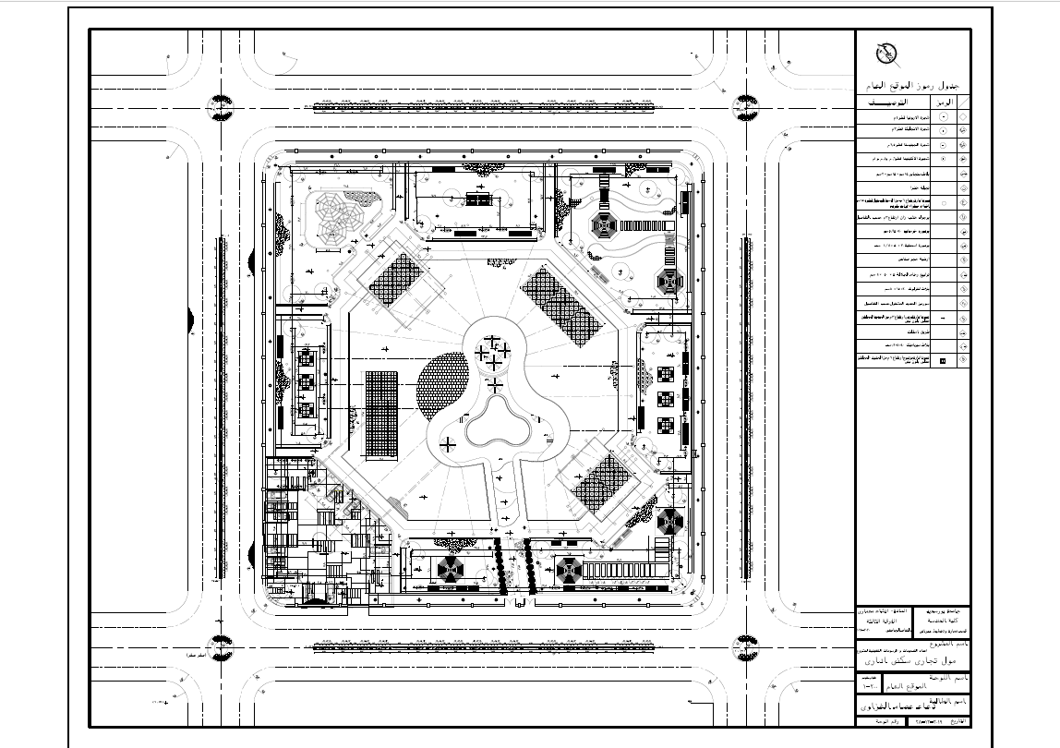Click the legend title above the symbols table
pos(912,85)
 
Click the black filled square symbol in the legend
pos(942,361)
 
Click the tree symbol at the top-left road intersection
pos(219,105)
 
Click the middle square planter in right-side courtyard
pos(664,400)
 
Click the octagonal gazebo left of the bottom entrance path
pos(452,568)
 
